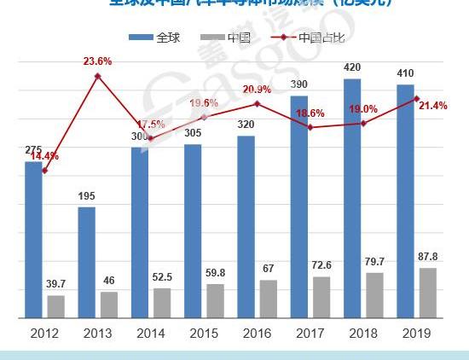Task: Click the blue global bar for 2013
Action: coord(87,262)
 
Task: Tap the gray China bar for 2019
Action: coord(429,293)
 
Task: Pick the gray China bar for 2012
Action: coord(55,306)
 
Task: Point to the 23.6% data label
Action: coord(98,61)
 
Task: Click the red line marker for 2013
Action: coord(98,77)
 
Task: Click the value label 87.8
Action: coord(429,257)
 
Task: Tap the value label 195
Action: coord(87,197)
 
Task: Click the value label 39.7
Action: coord(55,284)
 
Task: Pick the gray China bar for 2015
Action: coord(216,300)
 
